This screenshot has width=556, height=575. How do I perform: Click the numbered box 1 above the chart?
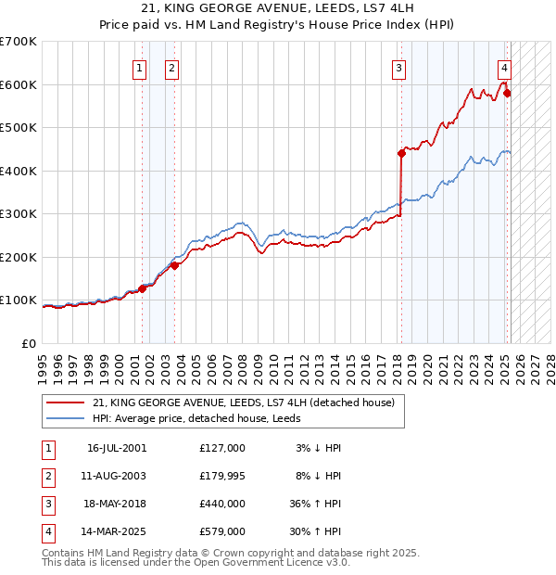(138, 67)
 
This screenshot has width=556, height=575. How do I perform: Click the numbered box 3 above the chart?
(398, 67)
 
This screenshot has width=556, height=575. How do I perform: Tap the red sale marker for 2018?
(401, 153)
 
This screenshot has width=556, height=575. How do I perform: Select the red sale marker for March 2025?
(507, 94)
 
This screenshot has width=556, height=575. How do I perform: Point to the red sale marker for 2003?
(174, 266)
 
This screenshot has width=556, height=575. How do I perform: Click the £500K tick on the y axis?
(19, 127)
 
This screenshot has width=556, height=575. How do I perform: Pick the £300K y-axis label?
(19, 213)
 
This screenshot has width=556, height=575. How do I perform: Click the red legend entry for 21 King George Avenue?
(244, 402)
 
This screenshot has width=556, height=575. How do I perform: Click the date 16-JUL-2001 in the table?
(116, 447)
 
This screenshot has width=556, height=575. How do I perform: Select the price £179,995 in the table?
(221, 476)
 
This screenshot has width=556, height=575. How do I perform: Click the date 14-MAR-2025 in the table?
(117, 532)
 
